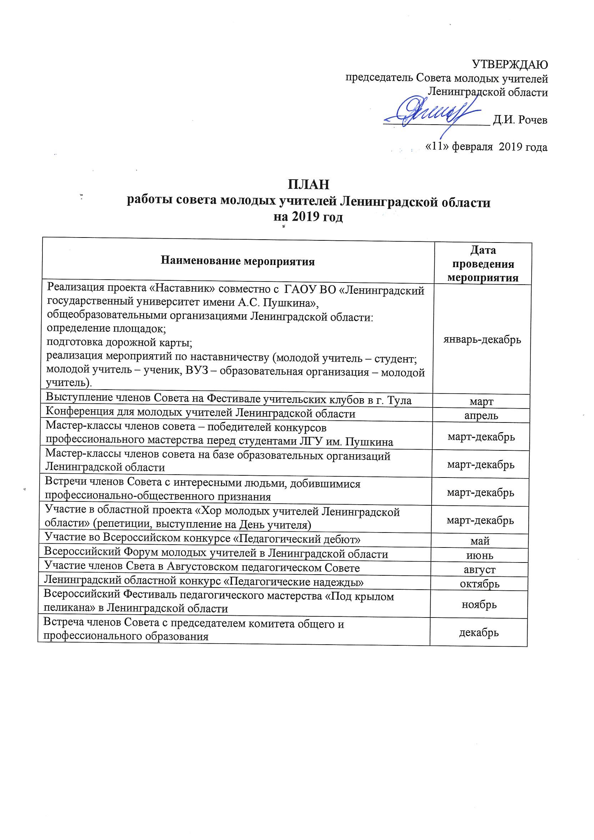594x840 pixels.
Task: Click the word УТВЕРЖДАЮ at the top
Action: (x=510, y=65)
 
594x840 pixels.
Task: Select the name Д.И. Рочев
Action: (x=520, y=120)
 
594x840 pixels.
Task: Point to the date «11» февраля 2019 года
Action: (x=486, y=147)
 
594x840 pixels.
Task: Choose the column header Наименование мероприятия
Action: (x=238, y=261)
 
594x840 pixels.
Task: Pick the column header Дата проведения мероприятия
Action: (x=483, y=264)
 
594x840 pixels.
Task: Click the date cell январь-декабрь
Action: (x=482, y=340)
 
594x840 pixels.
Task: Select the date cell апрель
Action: (x=481, y=416)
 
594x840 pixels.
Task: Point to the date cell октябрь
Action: (x=479, y=584)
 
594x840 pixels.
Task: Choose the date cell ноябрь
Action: (x=479, y=605)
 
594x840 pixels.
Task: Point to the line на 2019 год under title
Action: (x=308, y=217)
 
